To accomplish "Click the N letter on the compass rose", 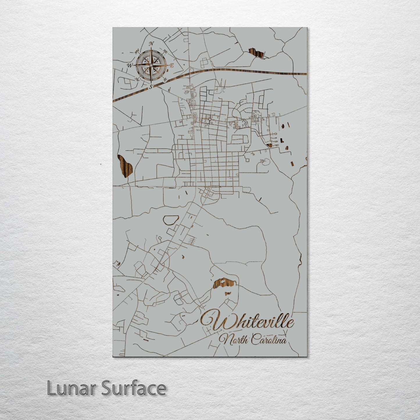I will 151,44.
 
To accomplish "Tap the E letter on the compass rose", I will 172,66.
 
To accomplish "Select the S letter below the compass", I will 150,87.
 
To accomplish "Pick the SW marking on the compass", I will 136,79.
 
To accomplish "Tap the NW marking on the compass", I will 136,52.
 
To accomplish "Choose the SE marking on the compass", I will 165,79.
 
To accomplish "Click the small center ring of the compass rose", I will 151,65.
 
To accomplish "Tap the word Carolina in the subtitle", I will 269,340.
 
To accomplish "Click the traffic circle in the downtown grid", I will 210,119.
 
